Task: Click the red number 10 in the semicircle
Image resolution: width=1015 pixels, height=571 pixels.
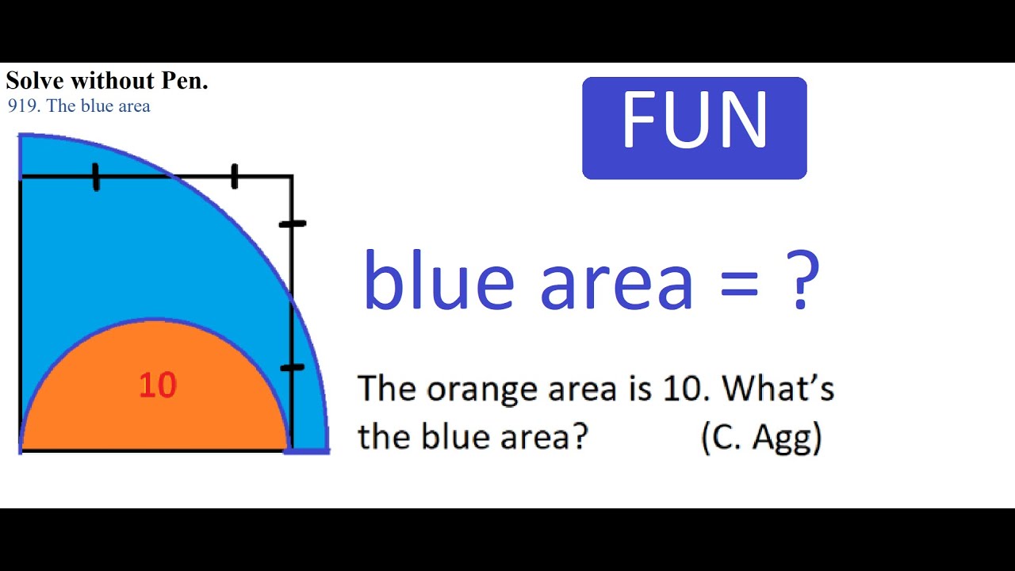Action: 158,385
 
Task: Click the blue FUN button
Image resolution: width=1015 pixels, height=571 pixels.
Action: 694,128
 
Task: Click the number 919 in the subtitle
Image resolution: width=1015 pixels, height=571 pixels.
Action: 22,106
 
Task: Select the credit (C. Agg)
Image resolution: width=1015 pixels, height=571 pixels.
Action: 761,437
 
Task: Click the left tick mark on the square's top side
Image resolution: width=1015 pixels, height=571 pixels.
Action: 96,177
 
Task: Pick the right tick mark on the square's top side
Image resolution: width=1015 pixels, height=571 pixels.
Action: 234,176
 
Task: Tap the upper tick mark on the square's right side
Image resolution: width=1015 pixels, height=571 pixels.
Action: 292,224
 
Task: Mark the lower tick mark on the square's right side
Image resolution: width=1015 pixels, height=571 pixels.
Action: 292,367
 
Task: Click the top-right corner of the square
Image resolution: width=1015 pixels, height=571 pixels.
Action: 292,176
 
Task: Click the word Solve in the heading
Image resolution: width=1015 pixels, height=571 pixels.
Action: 34,81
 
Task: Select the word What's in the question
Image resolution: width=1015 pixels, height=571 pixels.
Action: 779,389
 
